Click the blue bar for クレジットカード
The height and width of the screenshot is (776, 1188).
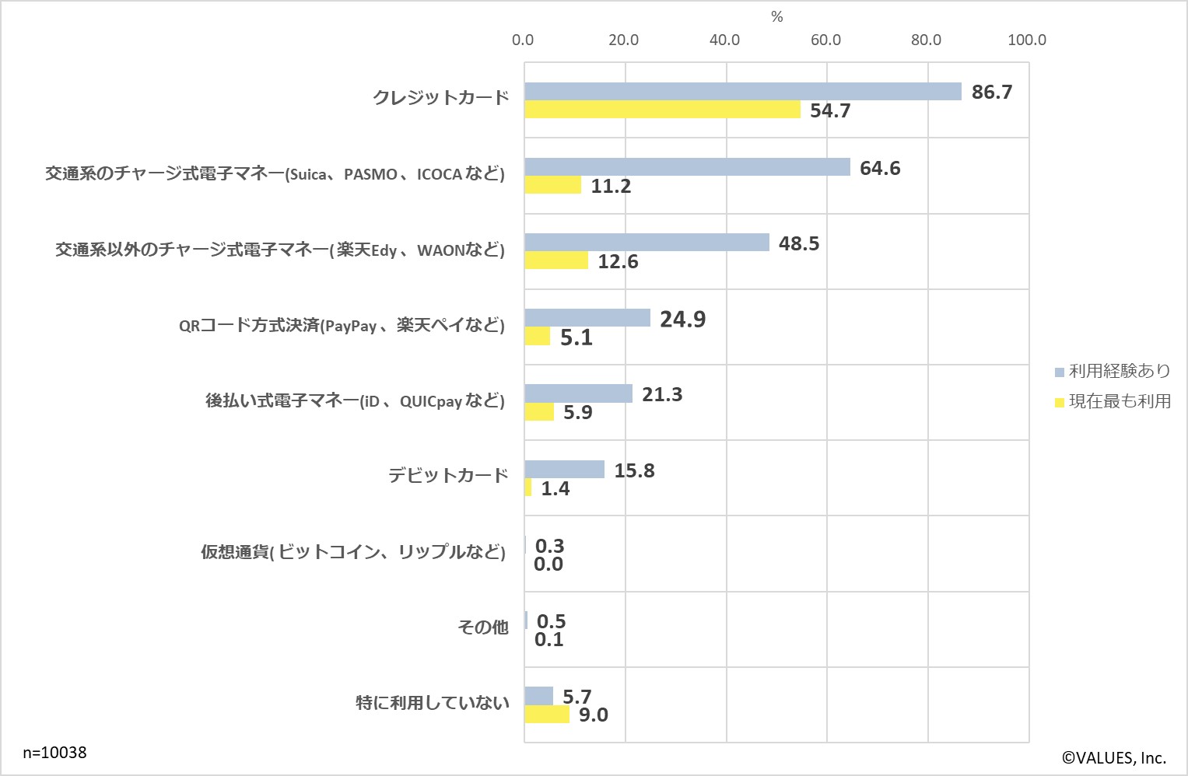(x=743, y=92)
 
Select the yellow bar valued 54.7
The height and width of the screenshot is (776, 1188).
(x=662, y=110)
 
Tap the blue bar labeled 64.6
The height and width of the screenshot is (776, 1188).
(x=687, y=167)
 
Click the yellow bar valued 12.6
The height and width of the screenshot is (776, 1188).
(x=556, y=261)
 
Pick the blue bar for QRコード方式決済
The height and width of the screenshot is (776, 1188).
(x=587, y=318)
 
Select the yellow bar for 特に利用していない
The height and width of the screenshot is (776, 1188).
(x=547, y=715)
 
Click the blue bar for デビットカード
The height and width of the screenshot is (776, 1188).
(x=564, y=470)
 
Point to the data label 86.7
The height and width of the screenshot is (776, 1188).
(x=992, y=92)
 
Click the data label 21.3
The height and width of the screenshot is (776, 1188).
(x=662, y=394)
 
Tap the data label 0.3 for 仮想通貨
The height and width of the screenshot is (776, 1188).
(x=549, y=546)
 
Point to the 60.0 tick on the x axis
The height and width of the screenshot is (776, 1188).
(x=825, y=40)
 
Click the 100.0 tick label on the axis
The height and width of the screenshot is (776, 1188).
(x=1026, y=40)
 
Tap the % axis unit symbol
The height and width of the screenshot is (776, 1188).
(x=776, y=17)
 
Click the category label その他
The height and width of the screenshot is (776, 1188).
(x=483, y=627)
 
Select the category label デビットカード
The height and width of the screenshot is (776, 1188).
(x=448, y=475)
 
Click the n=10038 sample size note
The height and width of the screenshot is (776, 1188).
(x=54, y=753)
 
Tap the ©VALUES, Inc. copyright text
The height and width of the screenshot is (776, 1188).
(x=1113, y=758)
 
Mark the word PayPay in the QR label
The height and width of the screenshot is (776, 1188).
(x=351, y=326)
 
